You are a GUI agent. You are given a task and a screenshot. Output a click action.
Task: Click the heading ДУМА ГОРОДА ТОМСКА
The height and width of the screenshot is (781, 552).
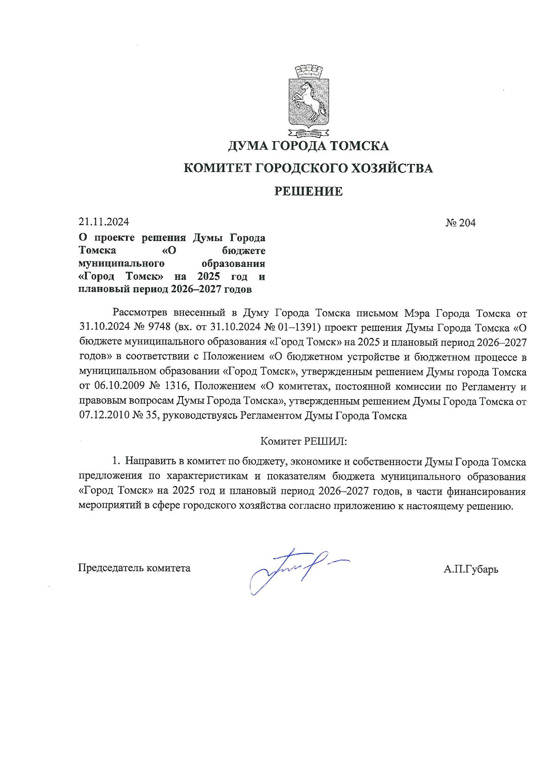[x=308, y=146]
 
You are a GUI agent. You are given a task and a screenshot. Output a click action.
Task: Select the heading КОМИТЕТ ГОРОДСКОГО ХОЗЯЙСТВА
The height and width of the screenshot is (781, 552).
[x=308, y=168]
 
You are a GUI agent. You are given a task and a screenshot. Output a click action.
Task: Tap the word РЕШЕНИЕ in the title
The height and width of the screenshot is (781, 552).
[x=308, y=192]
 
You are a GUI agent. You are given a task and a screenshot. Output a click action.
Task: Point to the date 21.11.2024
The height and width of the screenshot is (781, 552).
[x=104, y=222]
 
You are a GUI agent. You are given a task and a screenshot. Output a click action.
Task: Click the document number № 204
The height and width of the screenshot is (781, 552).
[x=460, y=222]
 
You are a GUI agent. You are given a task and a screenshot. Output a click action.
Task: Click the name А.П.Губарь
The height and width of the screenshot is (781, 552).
[x=471, y=569]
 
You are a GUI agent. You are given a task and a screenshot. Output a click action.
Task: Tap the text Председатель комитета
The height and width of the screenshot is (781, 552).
[x=134, y=568]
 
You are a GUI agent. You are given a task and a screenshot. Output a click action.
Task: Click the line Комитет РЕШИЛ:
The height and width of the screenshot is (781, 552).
[x=303, y=442]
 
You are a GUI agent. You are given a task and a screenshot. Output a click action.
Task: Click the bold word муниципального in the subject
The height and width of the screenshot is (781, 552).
[x=121, y=263]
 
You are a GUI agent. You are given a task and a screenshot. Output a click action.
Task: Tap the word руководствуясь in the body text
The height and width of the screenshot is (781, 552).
[x=200, y=416]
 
